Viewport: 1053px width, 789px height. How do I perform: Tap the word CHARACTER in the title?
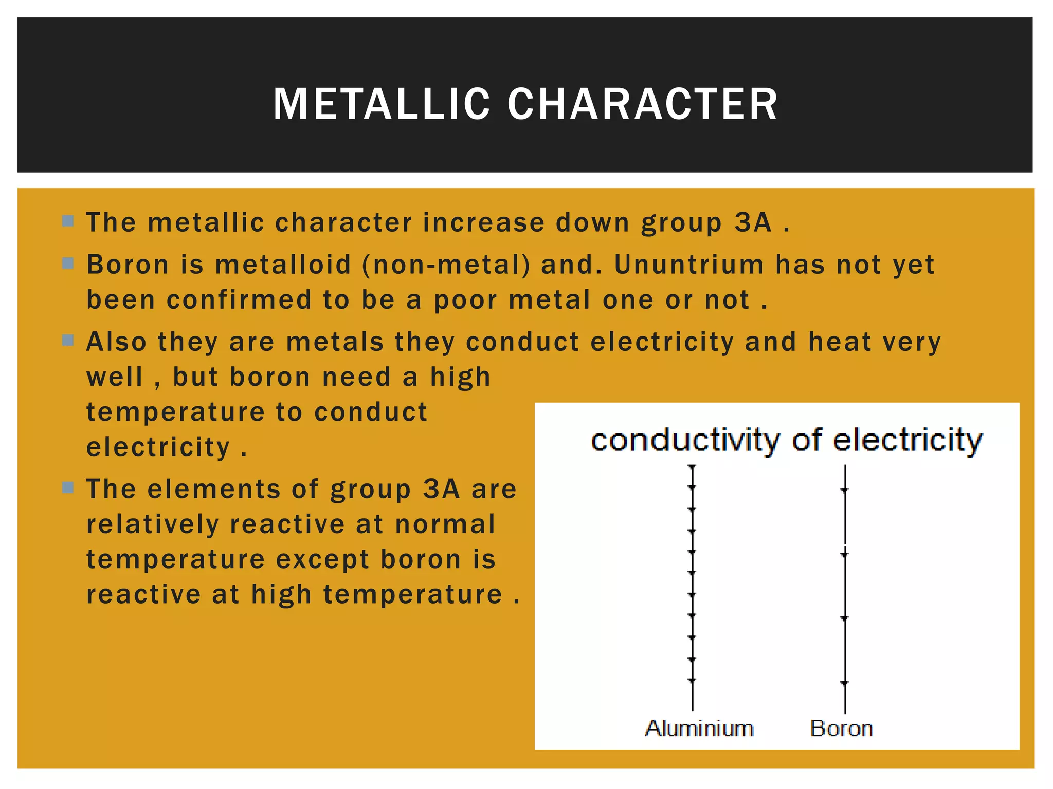coord(642,104)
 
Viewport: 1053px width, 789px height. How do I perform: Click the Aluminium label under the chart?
coord(699,728)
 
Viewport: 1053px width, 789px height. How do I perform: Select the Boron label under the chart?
coord(841,728)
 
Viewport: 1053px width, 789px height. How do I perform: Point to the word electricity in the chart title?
coord(907,441)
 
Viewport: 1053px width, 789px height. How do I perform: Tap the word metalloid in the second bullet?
coord(283,265)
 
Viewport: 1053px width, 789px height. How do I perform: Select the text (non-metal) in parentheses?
coord(446,265)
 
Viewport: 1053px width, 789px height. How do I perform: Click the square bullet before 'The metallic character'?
coord(68,221)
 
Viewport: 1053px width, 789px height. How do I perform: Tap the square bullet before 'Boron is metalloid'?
coord(68,264)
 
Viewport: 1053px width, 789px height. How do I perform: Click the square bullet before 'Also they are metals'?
coord(68,341)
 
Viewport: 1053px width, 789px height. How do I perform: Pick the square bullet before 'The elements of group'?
coord(68,487)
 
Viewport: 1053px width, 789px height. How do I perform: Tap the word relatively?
coord(152,524)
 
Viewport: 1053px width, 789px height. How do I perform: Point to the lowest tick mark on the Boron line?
coord(844,683)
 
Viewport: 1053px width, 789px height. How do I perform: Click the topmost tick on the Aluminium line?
coord(692,466)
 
